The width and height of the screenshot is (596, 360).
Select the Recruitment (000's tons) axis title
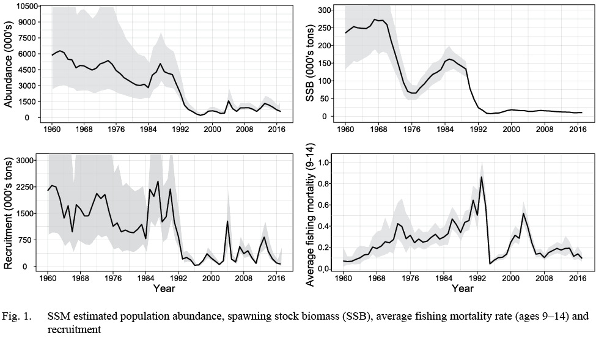[9, 211]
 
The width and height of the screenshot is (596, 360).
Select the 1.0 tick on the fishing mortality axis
[326, 163]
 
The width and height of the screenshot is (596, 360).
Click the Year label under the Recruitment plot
[163, 288]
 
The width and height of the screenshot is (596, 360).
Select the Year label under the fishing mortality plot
[462, 288]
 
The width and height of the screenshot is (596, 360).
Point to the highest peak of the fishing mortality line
[482, 177]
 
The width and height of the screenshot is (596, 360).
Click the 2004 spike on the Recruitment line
[227, 221]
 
